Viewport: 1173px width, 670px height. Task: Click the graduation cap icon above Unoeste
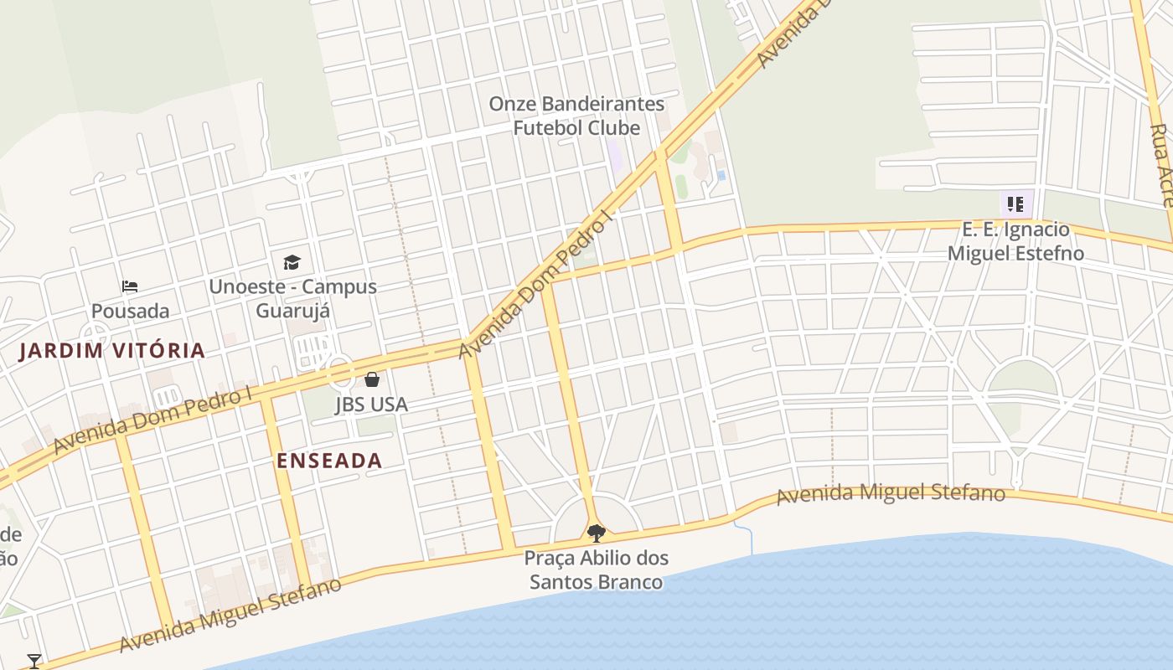click(292, 263)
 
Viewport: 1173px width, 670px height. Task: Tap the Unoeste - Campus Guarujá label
click(292, 298)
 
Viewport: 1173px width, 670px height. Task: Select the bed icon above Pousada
click(130, 286)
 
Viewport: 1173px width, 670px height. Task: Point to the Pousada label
click(130, 311)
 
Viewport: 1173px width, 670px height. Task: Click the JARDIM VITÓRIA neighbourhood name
click(112, 350)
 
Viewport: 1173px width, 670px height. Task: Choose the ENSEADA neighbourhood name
click(329, 460)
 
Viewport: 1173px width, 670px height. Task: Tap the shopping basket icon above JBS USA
click(372, 380)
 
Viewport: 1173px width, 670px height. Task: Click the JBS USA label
click(371, 405)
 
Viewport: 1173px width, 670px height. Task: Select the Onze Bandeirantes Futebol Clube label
click(576, 116)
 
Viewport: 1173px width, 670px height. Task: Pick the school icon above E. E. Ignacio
click(1015, 204)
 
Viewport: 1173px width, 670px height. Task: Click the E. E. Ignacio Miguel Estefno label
click(1015, 241)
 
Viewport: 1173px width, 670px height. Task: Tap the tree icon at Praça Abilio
click(596, 533)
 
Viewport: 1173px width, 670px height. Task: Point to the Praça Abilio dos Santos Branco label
click(596, 569)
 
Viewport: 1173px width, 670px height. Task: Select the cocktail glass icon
click(34, 662)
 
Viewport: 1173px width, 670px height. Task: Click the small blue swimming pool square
click(721, 175)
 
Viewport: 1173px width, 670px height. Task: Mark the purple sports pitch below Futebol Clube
click(616, 157)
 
